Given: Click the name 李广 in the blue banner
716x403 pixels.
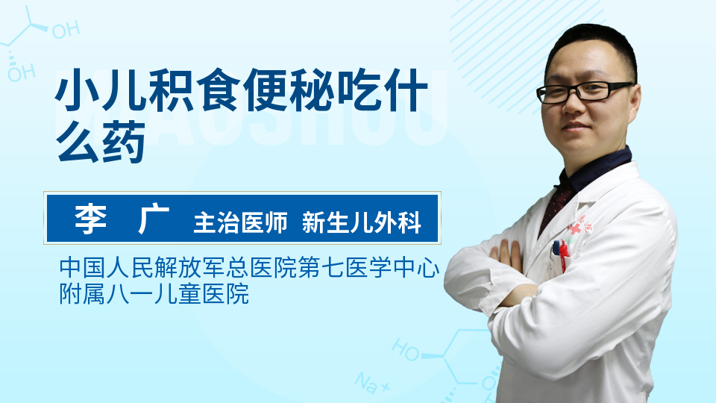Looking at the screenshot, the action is (122, 219).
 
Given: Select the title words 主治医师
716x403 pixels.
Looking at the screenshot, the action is (241, 222).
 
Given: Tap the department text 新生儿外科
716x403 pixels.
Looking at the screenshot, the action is (362, 222).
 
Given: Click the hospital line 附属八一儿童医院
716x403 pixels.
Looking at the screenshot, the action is (154, 293).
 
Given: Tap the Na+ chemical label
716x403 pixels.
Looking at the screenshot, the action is (372, 383).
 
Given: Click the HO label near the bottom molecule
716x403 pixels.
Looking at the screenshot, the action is (406, 349).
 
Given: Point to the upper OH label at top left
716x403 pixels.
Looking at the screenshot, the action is (66, 30).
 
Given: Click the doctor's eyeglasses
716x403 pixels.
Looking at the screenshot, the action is (585, 92).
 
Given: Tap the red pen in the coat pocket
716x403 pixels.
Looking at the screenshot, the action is (563, 255).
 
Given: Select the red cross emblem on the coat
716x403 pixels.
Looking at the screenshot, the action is (575, 229).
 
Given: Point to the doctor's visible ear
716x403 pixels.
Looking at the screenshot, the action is (635, 106).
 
